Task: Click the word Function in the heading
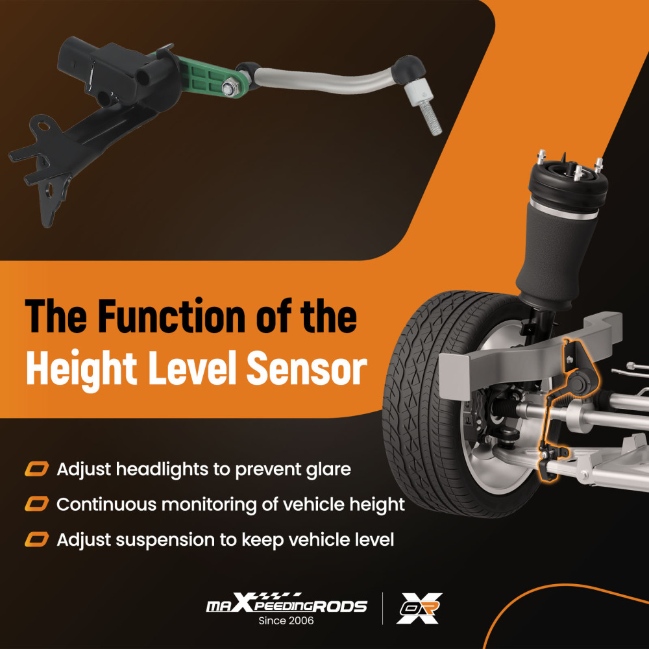173,316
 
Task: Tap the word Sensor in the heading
307,368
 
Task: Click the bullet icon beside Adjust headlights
37,469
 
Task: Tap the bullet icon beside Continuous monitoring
37,504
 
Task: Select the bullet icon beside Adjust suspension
37,540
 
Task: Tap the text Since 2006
286,620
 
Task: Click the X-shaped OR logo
419,608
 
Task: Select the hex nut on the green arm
228,88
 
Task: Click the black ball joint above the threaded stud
408,67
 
